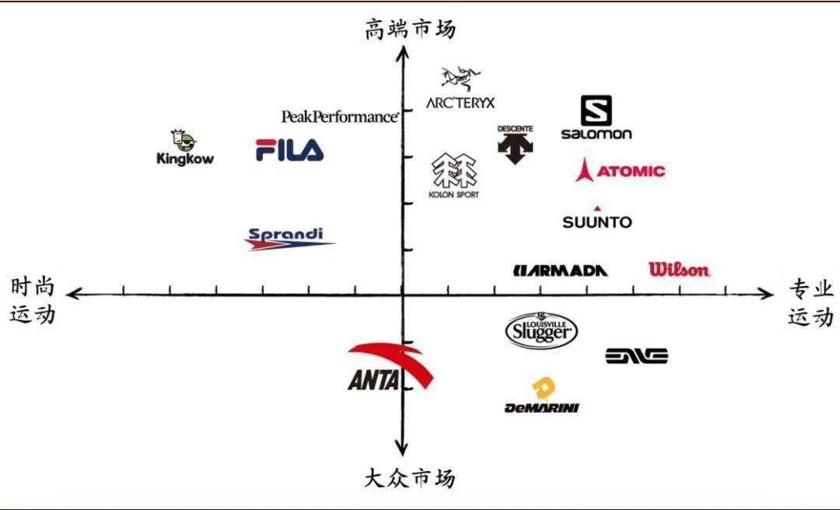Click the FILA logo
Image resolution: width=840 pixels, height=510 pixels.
tap(289, 149)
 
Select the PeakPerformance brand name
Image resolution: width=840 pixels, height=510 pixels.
tap(340, 116)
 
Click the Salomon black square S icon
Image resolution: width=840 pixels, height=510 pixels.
tap(597, 110)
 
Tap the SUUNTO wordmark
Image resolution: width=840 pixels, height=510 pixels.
tap(597, 222)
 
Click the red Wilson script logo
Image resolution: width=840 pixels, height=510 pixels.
tap(679, 270)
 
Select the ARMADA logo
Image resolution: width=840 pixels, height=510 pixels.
tap(561, 271)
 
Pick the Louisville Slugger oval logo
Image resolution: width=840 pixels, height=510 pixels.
tap(541, 330)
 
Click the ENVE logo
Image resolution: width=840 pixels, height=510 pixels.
tap(637, 356)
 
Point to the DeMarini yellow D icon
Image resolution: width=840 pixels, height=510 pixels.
tap(543, 388)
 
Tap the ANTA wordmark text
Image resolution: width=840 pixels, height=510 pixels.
tap(374, 381)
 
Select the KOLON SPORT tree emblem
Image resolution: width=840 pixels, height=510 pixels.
tap(454, 171)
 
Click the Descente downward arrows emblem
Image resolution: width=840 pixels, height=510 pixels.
tap(515, 147)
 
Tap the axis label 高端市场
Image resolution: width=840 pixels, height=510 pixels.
tap(411, 30)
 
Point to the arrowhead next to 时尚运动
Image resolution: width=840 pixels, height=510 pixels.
tap(72, 294)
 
